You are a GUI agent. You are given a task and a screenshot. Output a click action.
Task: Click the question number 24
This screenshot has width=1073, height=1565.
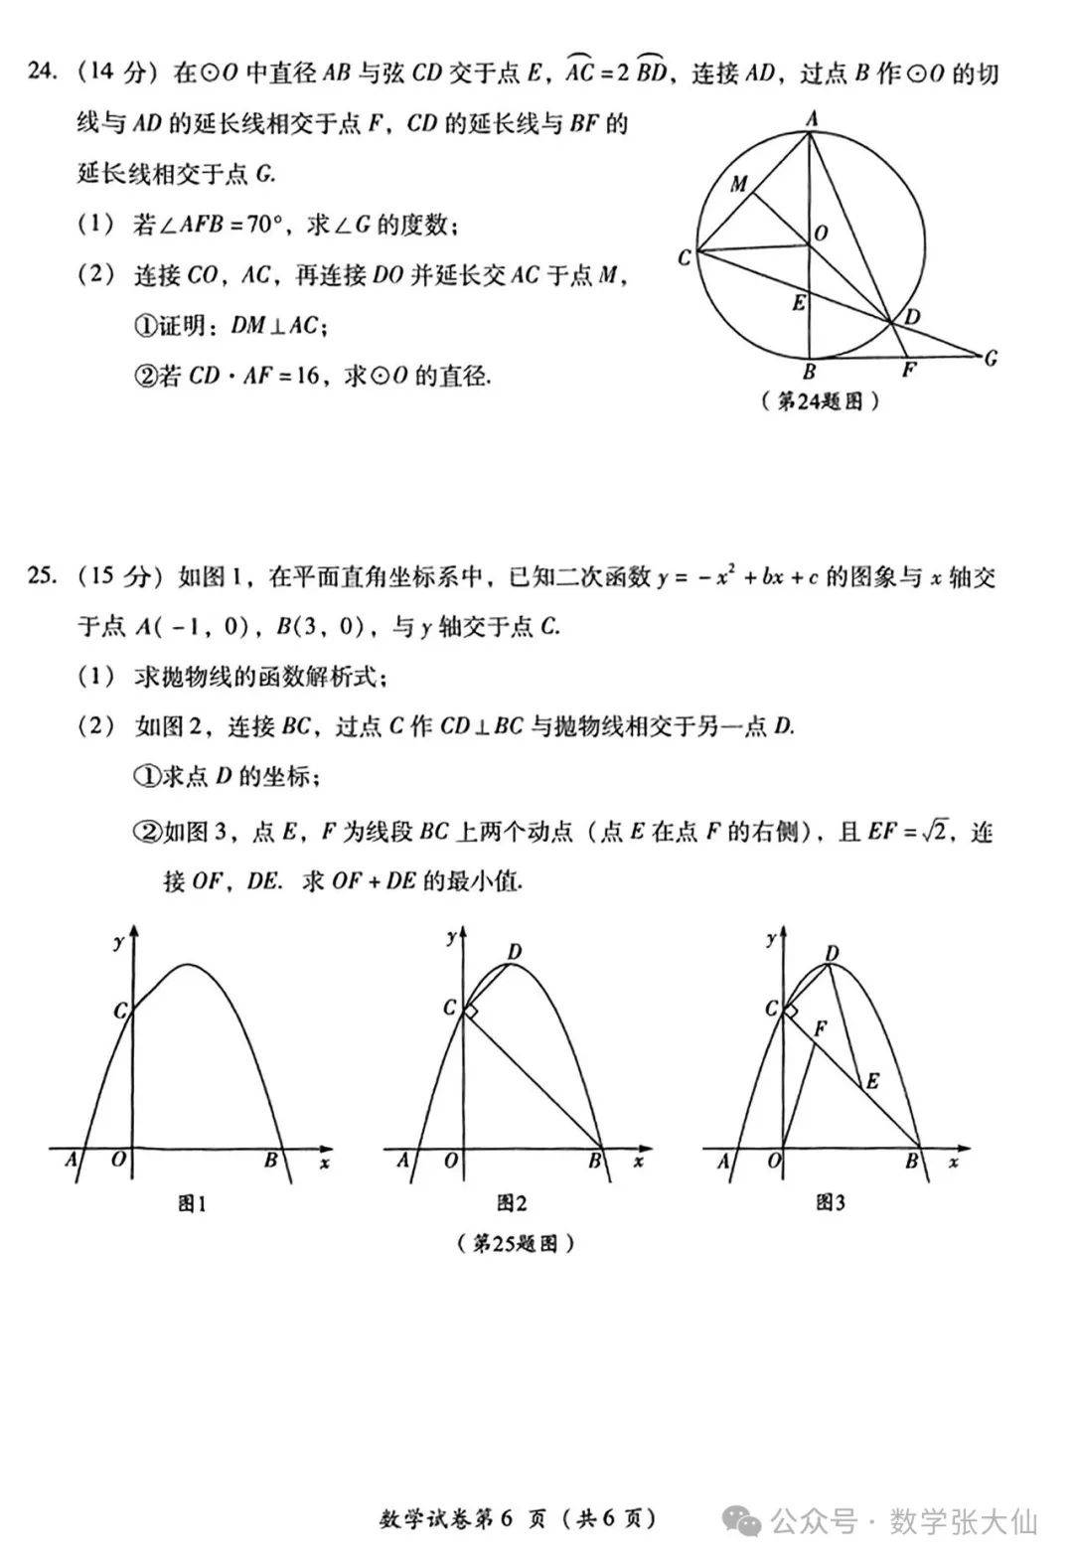41,74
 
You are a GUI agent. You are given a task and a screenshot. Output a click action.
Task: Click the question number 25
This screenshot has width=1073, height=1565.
41,576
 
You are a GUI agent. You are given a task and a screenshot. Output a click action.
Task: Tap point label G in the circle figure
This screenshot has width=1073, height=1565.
991,359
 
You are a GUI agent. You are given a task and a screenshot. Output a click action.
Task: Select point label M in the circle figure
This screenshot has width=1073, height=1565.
739,184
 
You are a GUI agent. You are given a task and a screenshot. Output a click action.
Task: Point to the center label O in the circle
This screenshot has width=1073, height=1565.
821,233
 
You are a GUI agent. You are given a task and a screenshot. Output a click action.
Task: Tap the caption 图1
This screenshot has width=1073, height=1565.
191,1204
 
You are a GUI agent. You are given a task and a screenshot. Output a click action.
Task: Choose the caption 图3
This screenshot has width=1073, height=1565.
830,1204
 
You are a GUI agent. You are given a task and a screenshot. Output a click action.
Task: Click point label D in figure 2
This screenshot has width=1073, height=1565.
514,952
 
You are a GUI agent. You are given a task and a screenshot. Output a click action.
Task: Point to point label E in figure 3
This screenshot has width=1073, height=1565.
872,1081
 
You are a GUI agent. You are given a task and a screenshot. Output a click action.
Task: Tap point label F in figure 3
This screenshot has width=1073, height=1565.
820,1029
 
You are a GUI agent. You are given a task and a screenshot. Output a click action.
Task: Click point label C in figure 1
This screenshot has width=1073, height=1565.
119,1011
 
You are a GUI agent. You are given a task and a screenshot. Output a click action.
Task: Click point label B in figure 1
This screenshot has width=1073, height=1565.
269,1160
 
